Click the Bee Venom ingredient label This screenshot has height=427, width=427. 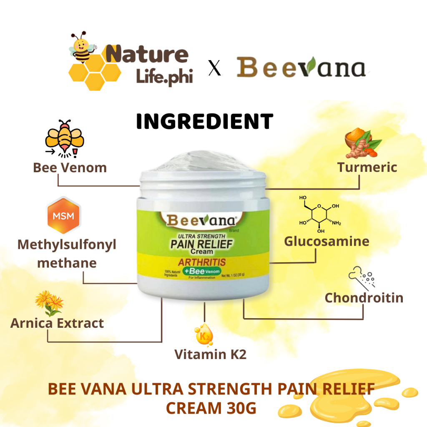pyautogui.click(x=70, y=168)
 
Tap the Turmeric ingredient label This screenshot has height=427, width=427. pyautogui.click(x=367, y=168)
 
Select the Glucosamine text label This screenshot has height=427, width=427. pyautogui.click(x=327, y=241)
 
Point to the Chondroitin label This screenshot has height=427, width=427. pyautogui.click(x=364, y=298)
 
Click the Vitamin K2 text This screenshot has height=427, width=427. pyautogui.click(x=210, y=354)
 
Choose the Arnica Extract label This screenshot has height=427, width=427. pyautogui.click(x=57, y=323)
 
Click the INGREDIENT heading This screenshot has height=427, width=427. pyautogui.click(x=205, y=121)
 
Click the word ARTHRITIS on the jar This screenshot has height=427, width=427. pyautogui.click(x=202, y=262)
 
